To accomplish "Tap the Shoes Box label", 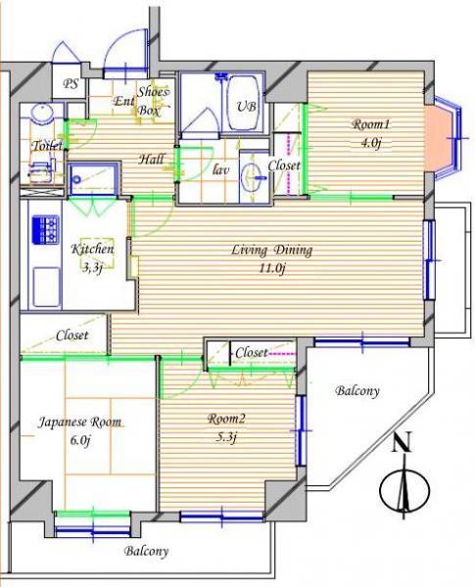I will coord(154,101).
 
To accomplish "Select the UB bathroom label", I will coord(244,107).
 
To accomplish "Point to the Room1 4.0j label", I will coord(371,131).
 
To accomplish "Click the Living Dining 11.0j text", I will coord(271,258).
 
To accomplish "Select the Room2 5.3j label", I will coord(226,427).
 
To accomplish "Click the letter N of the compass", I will coord(401,444).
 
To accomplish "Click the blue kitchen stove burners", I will coord(45,231).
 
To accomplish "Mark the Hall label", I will coord(151,159).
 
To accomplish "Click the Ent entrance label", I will coord(124,102).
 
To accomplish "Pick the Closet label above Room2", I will coord(251,351).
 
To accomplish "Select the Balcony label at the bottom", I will coord(147,551).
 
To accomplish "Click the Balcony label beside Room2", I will coord(357,391).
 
